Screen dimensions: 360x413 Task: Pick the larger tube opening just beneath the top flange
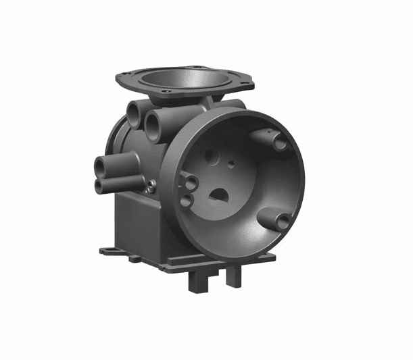coord(153,126)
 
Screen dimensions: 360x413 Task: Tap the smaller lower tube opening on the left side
coord(100,185)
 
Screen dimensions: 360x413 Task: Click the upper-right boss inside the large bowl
coord(278,144)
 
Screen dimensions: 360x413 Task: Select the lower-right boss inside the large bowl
coord(283,221)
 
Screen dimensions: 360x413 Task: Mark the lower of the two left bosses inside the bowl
coord(186,201)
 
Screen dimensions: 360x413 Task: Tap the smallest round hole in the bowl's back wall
coord(232,163)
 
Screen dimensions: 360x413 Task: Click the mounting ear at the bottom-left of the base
coord(110,251)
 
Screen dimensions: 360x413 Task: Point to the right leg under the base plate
coord(233,276)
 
